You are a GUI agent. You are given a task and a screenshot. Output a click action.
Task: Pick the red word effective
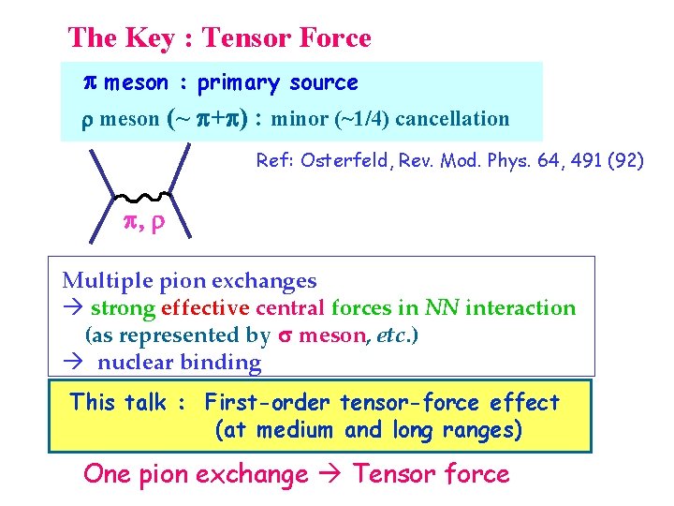pos(205,308)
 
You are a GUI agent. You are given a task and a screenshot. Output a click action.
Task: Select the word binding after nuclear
pos(224,363)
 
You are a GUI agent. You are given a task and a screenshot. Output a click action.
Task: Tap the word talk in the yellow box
pos(143,403)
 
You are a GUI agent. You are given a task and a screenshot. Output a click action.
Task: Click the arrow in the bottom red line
pos(330,475)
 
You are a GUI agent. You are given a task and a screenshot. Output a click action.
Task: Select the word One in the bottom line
pos(107,475)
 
